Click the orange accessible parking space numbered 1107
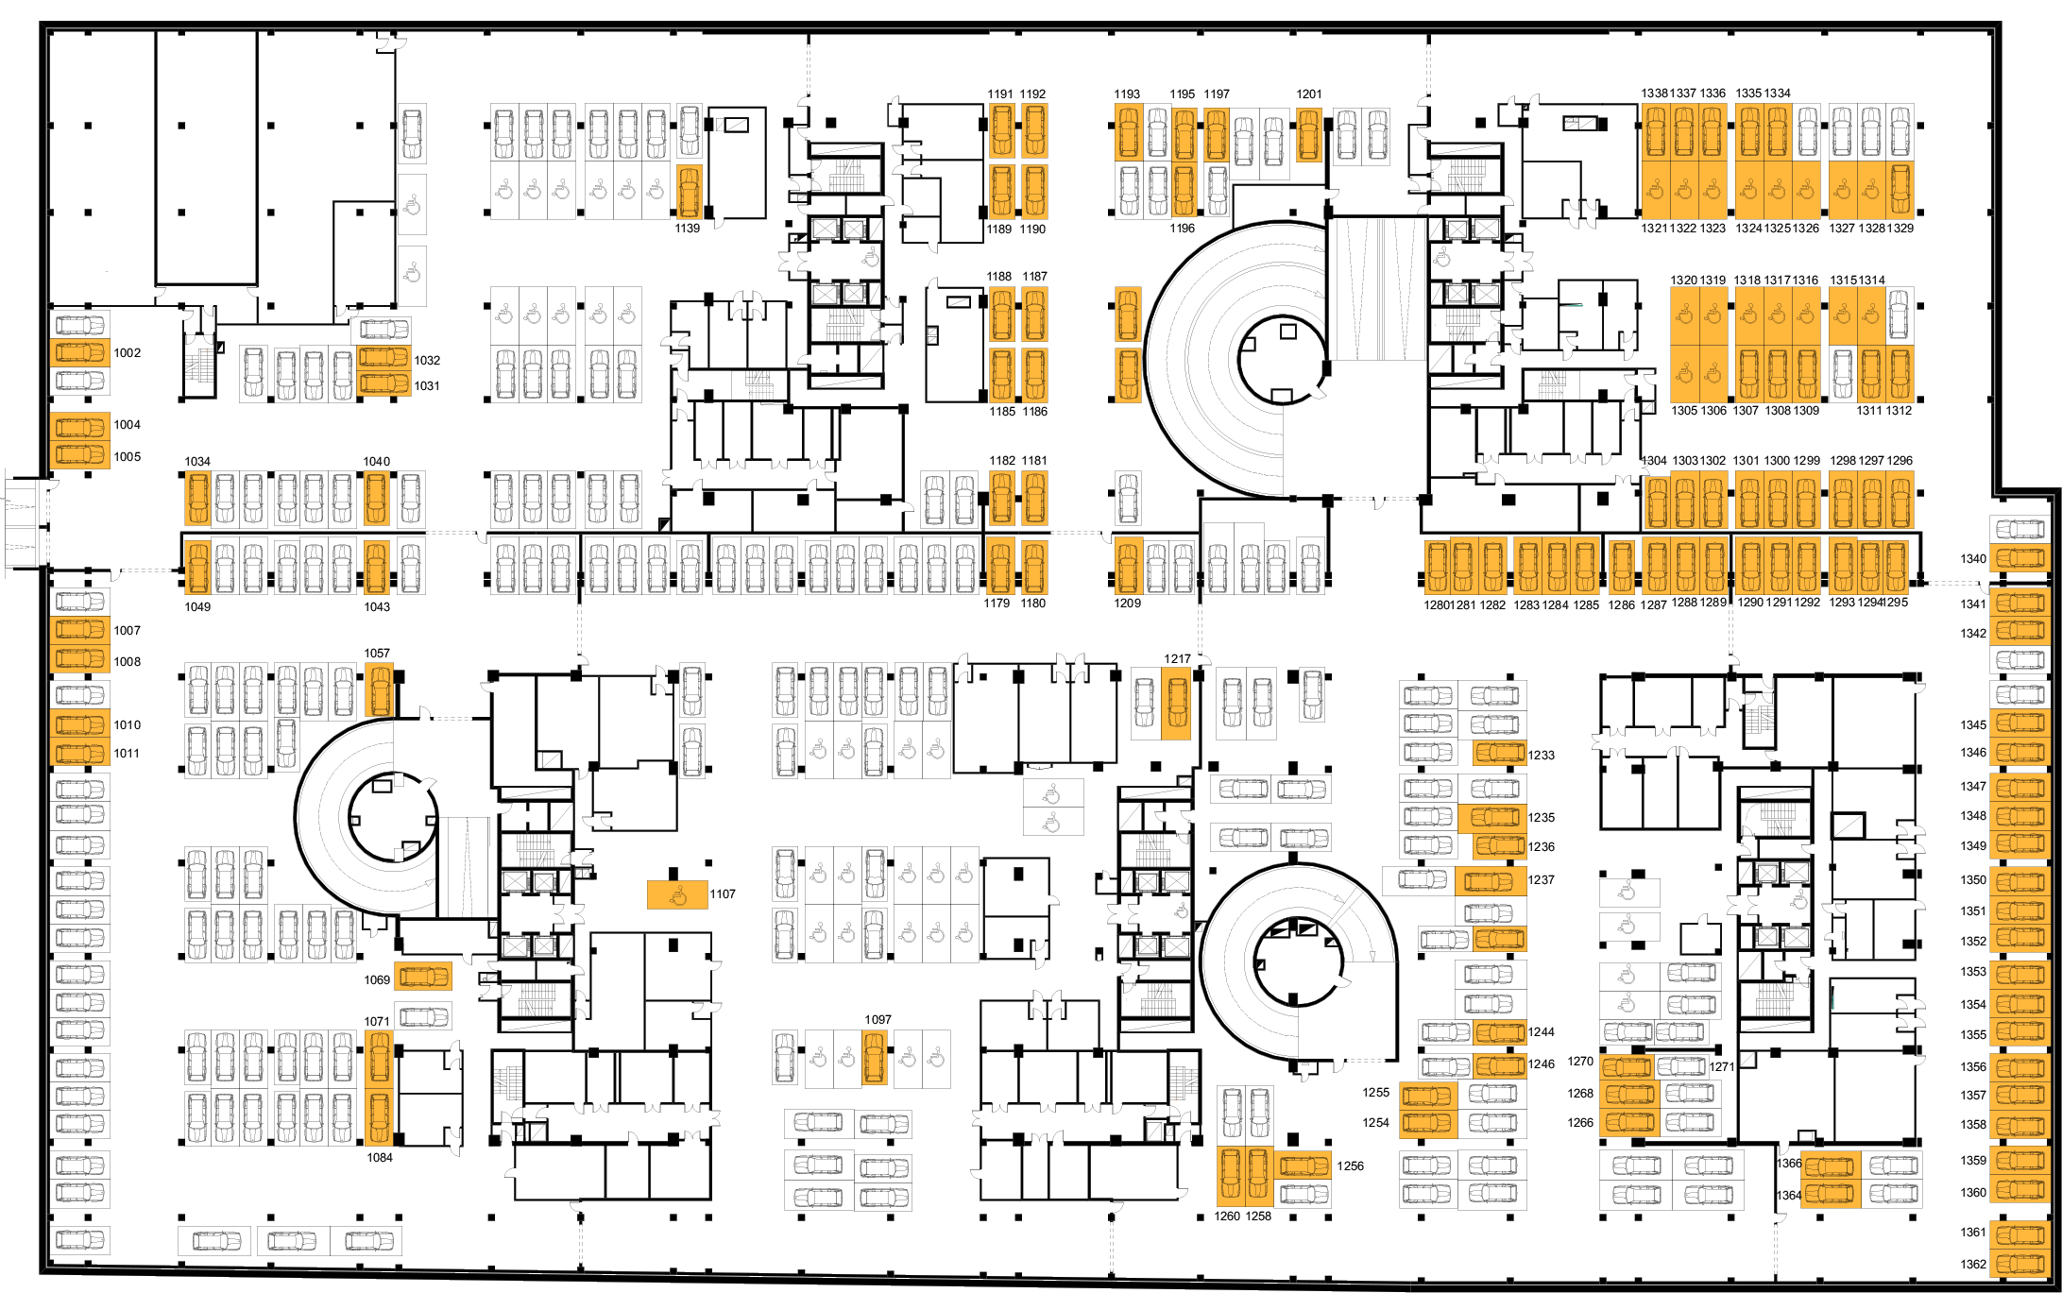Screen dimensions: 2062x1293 click(677, 894)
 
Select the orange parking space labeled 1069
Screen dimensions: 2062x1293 click(422, 976)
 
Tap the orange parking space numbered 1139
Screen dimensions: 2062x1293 click(690, 192)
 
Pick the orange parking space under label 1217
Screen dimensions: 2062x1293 click(1176, 702)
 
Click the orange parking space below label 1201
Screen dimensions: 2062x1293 click(1308, 135)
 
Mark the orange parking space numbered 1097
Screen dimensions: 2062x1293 click(875, 1057)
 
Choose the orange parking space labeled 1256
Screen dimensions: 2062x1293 click(1304, 1165)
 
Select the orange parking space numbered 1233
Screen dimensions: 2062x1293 click(1499, 753)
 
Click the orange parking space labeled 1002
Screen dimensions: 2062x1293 click(80, 353)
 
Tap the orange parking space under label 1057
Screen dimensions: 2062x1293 click(379, 690)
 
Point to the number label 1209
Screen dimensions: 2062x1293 click(1127, 603)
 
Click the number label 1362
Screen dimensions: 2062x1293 click(1972, 1264)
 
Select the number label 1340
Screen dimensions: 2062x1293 click(1972, 558)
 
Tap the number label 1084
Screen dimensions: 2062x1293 click(380, 1157)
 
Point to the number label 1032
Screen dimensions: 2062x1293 click(427, 360)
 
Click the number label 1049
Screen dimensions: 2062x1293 click(197, 606)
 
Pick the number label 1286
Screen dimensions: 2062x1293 click(1621, 604)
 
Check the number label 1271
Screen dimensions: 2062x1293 click(1721, 1066)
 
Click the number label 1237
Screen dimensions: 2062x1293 click(1541, 879)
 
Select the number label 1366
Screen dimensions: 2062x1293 click(1788, 1164)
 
